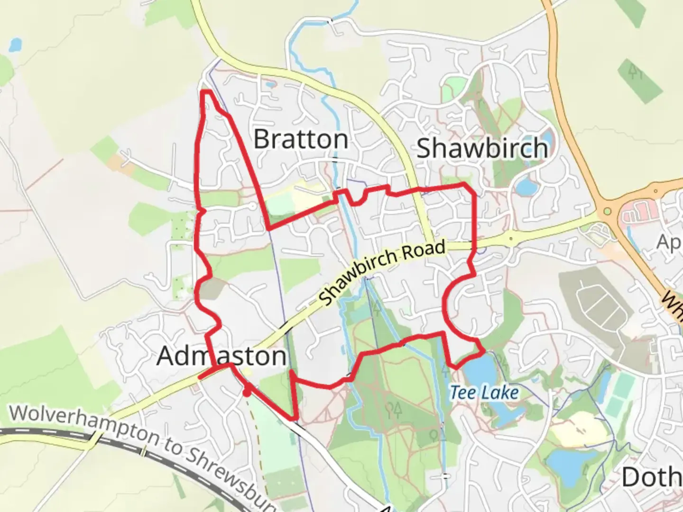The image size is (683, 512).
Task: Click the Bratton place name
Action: coord(301,139)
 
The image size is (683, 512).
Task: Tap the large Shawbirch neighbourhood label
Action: coord(482,148)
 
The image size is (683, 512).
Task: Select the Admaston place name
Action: coord(221,356)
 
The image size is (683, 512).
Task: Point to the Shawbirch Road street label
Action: coord(382,272)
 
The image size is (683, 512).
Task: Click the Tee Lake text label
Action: coord(484,393)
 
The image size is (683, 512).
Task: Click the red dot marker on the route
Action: coord(247,392)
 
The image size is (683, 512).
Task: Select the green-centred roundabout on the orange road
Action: coord(608,212)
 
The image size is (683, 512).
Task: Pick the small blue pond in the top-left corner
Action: coord(15,45)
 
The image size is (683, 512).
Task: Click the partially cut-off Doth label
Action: coord(652,477)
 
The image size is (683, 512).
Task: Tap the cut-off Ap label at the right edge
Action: coord(670,242)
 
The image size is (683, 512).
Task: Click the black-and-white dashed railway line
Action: coord(47,432)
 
